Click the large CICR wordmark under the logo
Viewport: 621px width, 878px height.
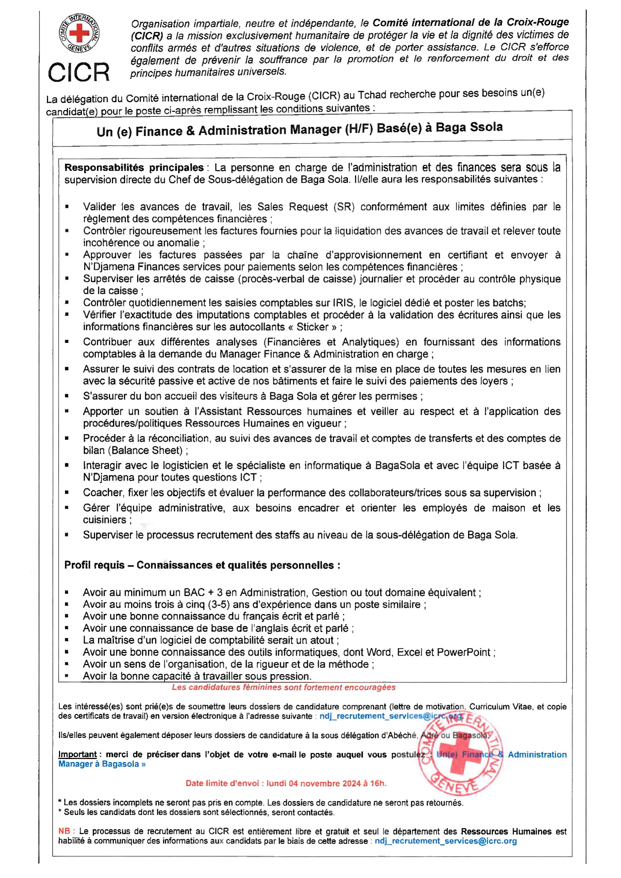tap(79, 72)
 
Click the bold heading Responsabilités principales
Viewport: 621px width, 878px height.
tap(134, 167)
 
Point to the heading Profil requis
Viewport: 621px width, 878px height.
tap(94, 565)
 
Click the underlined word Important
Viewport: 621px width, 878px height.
tap(77, 754)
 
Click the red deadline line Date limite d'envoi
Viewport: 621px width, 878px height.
tap(286, 783)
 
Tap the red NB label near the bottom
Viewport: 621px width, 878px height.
tap(64, 831)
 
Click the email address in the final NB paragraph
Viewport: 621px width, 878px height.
tap(446, 841)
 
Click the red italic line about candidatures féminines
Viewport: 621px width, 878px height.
tap(283, 687)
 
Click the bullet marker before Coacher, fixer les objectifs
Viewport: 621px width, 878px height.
tap(67, 492)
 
